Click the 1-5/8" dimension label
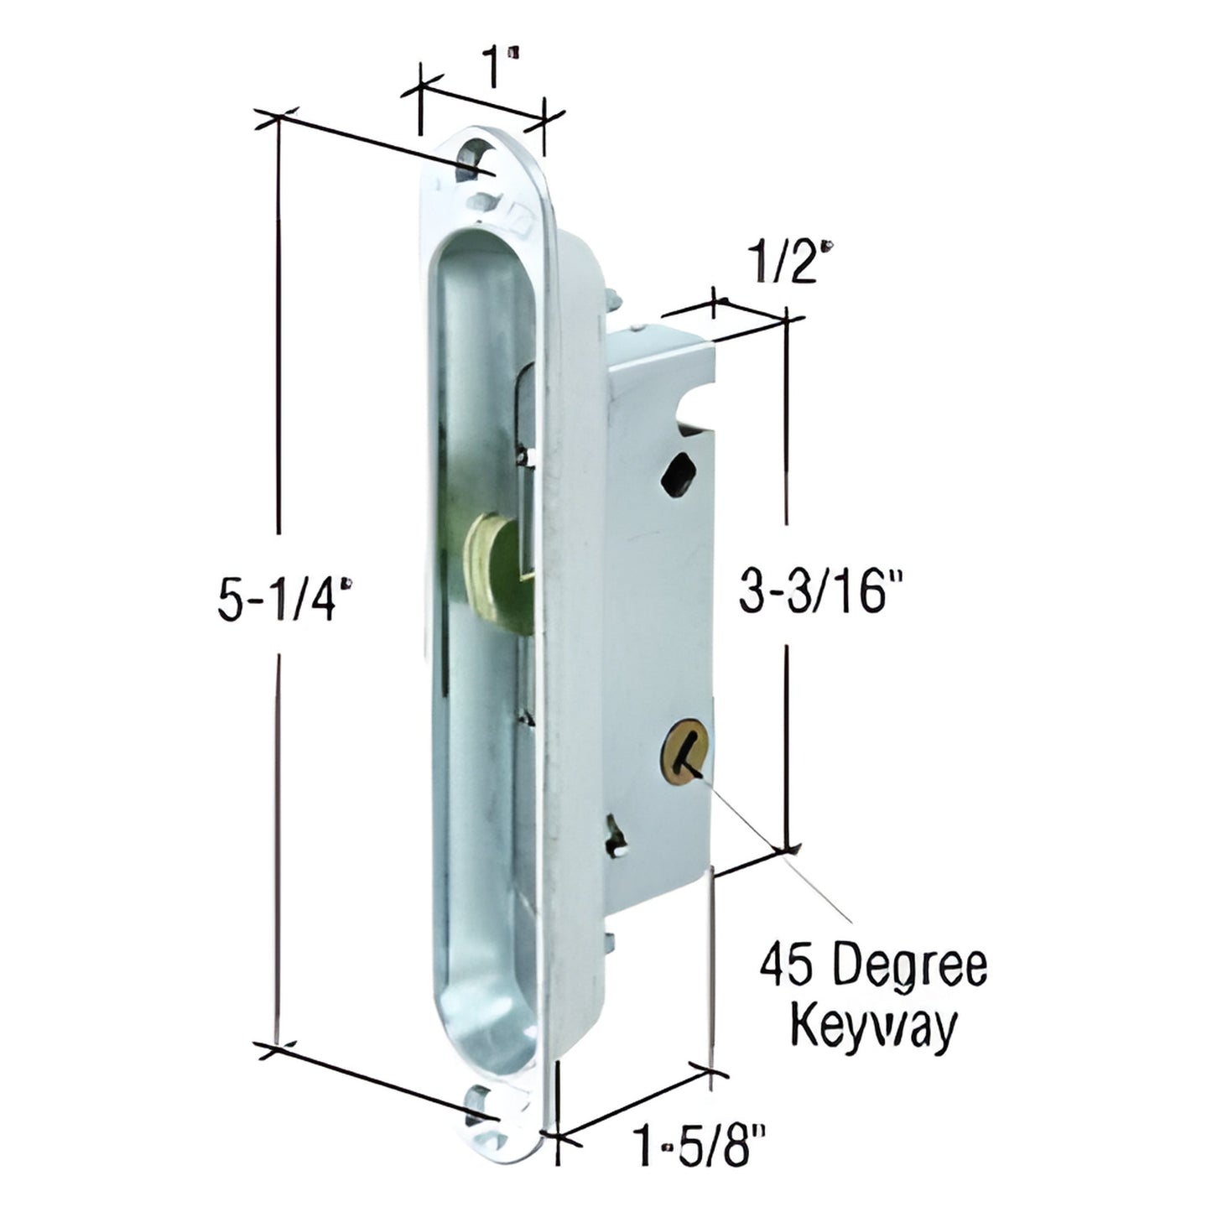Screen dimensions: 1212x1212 [x=700, y=1147]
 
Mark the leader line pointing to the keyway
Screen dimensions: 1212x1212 [x=772, y=830]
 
